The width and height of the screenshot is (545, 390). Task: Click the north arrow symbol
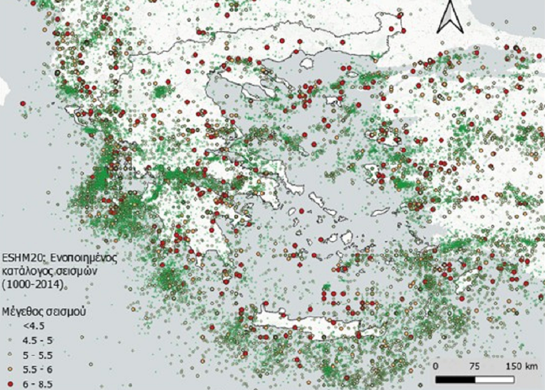(450, 17)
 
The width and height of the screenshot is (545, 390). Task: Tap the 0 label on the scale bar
(436, 366)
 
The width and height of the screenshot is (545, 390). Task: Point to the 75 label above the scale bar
(474, 366)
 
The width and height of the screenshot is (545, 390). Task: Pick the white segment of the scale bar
(495, 379)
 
